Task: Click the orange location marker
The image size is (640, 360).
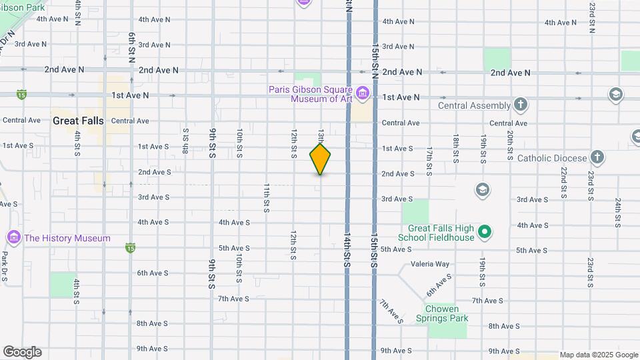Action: pos(320,159)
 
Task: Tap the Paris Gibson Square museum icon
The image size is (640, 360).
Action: pos(362,93)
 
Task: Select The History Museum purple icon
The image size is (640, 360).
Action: pos(13,237)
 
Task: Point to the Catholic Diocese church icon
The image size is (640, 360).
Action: pos(597,158)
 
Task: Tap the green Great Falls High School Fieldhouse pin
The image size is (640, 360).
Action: pos(485,232)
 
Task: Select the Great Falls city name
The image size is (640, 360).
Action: pos(78,121)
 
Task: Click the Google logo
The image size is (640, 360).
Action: pos(22,352)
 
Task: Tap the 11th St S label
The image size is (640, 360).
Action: pos(267,197)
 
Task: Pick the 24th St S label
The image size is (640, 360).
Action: pos(618,213)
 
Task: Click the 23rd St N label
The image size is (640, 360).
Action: pos(592,17)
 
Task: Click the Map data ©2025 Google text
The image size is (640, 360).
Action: pos(599,355)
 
